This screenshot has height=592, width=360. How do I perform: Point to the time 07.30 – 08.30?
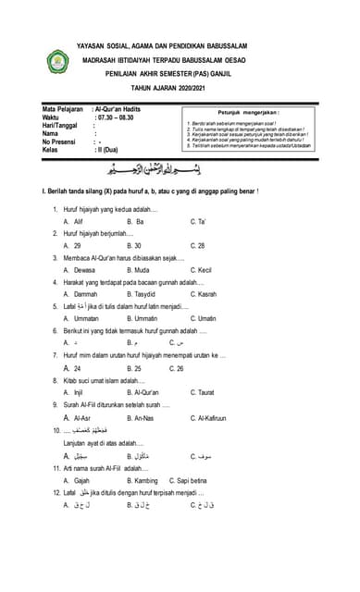(x=120, y=117)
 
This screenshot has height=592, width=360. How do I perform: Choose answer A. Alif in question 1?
(x=73, y=223)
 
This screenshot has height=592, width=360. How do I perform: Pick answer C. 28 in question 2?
(x=197, y=245)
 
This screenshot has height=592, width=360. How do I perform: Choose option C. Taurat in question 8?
(x=205, y=392)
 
